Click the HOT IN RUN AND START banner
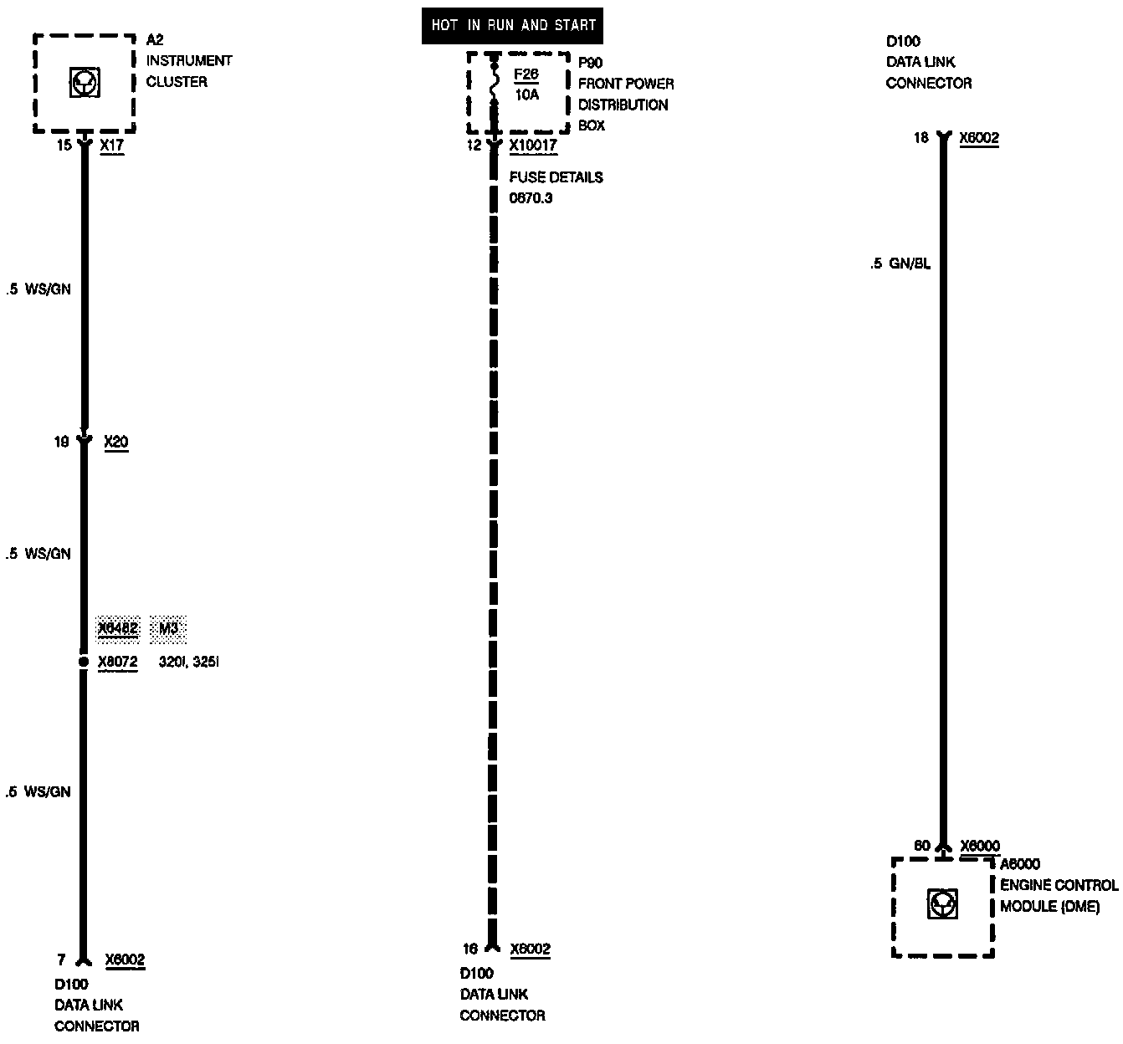(512, 25)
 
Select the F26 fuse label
(526, 74)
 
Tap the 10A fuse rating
(526, 95)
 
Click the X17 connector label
(111, 146)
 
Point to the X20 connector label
(116, 442)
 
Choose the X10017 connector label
(533, 146)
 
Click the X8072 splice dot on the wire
(83, 662)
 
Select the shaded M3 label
(168, 629)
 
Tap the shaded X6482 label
(118, 629)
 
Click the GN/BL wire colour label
(910, 264)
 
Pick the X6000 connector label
(980, 846)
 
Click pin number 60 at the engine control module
(921, 846)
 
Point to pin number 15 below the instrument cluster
(64, 146)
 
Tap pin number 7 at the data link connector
(61, 960)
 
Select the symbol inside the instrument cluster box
(85, 84)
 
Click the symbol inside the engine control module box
(943, 904)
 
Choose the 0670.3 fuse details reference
(531, 198)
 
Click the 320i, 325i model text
(188, 663)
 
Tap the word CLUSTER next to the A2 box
(177, 82)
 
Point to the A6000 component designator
(1020, 864)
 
